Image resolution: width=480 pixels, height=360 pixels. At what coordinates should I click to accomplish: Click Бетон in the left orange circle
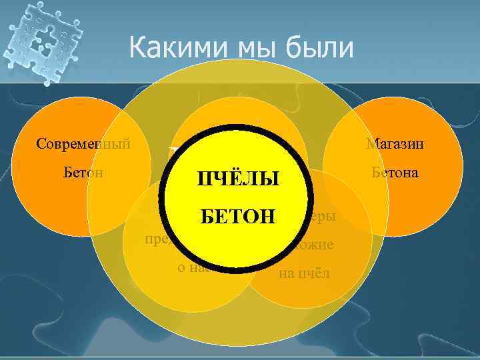tap(80, 173)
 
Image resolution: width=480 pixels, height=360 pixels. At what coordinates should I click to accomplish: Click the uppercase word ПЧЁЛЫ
tap(237, 179)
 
